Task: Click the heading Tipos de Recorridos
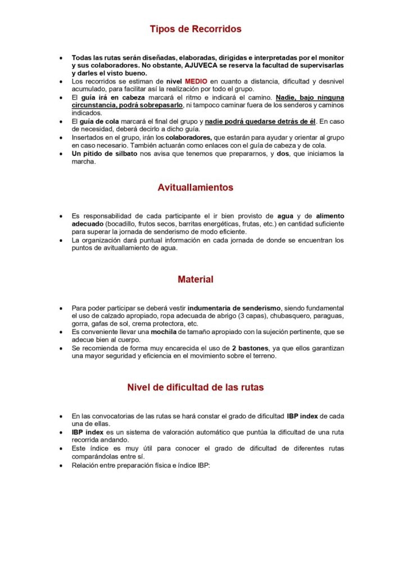pyautogui.click(x=196, y=29)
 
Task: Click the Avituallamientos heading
pyautogui.click(x=196, y=188)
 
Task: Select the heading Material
pyautogui.click(x=196, y=279)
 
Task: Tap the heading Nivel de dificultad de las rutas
pyautogui.click(x=196, y=388)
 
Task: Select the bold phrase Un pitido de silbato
pyautogui.click(x=105, y=153)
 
